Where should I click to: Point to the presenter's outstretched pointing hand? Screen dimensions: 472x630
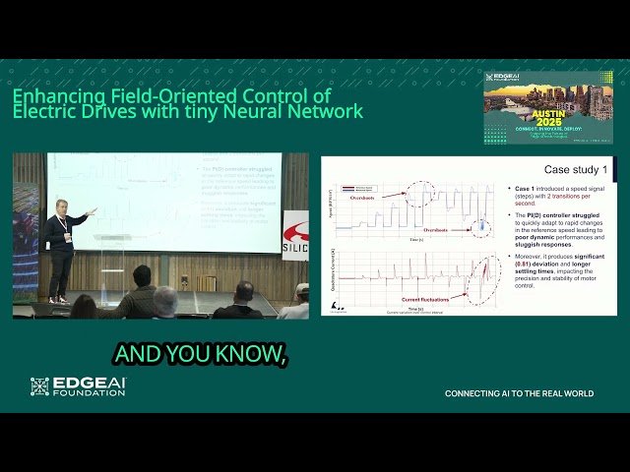point(92,210)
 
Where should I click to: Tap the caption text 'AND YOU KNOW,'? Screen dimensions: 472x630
point(201,354)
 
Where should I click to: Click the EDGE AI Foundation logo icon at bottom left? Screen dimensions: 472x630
point(39,386)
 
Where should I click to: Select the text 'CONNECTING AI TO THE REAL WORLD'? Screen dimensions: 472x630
point(519,393)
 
